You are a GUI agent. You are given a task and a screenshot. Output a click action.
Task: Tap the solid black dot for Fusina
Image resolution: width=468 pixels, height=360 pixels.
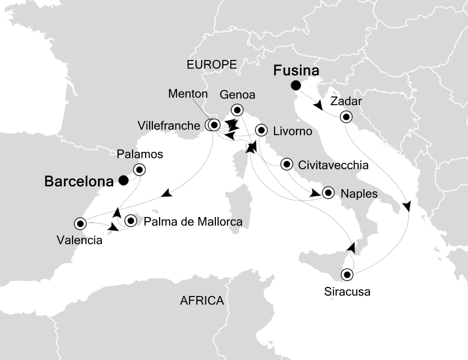pos(296,85)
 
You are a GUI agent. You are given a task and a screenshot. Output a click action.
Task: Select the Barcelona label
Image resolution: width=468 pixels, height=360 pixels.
pos(77,181)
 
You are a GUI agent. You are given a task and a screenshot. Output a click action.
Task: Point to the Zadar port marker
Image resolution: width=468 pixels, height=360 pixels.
pos(345,117)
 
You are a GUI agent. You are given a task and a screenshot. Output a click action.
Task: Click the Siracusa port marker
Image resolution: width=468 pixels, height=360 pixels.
pos(346,274)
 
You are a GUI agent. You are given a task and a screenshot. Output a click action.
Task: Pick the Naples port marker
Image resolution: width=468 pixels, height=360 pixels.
pos(328,192)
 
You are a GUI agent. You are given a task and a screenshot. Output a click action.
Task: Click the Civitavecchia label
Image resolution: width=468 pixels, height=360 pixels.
pos(333,165)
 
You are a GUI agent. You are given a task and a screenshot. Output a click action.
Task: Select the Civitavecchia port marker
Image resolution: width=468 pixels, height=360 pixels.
pos(286,164)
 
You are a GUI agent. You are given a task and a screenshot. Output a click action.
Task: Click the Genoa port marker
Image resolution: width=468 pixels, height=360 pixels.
pos(236,110)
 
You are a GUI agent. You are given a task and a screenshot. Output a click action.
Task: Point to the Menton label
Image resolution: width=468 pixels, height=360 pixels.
pos(187,94)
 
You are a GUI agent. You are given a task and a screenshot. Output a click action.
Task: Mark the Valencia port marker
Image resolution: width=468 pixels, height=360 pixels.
pos(79,223)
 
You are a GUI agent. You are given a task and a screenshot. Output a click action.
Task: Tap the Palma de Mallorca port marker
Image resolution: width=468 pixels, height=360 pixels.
pos(131,220)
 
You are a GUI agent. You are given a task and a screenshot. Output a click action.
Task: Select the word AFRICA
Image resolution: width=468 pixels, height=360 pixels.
pos(201,301)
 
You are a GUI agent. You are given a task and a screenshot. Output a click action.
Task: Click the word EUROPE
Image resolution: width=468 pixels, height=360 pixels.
pos(211,63)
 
